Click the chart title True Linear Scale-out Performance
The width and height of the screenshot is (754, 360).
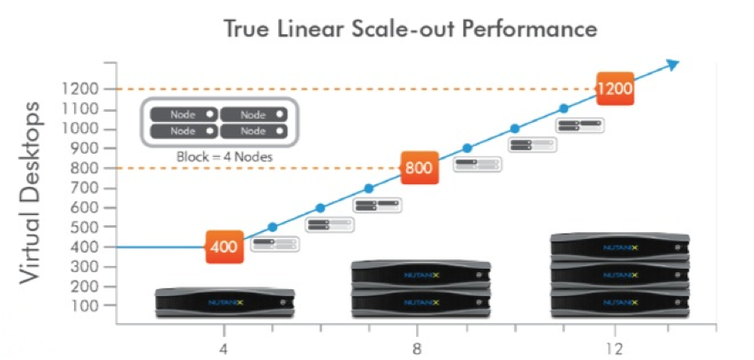click(x=409, y=28)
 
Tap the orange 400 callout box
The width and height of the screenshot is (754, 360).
click(x=224, y=247)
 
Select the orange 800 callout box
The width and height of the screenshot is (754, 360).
click(x=419, y=167)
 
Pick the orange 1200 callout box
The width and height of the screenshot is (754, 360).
click(x=614, y=89)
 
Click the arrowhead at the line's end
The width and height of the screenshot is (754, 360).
click(x=672, y=64)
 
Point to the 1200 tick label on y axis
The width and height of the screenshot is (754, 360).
click(x=80, y=89)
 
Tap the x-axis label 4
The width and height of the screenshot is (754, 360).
click(x=224, y=349)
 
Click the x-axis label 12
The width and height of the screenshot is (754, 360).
click(x=615, y=349)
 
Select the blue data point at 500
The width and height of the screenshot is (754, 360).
click(x=273, y=227)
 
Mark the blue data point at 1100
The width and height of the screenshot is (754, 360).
click(x=564, y=108)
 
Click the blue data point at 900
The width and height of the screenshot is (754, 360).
click(x=467, y=148)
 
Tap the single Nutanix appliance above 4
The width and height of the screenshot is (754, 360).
click(x=224, y=302)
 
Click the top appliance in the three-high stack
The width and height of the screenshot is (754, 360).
click(x=619, y=246)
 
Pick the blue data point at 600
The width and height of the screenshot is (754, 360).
click(x=321, y=207)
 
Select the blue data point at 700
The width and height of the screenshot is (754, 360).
click(x=369, y=188)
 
